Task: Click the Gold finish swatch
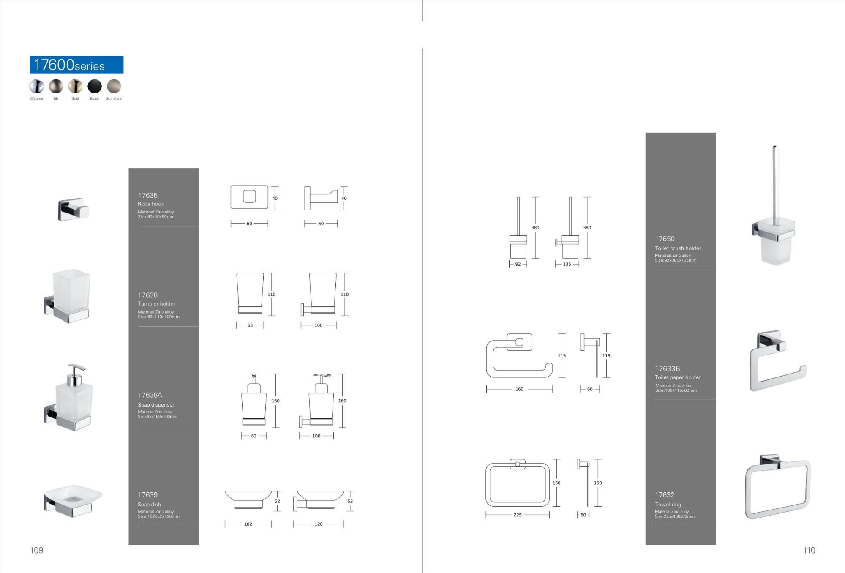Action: [75, 86]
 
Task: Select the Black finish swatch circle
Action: [95, 86]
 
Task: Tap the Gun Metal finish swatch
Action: [114, 86]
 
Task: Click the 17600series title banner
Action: [76, 65]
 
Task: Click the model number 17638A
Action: [150, 395]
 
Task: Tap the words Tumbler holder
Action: [156, 304]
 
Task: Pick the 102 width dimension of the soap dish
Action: [248, 524]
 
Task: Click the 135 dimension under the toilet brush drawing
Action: [567, 264]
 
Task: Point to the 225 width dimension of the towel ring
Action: [518, 515]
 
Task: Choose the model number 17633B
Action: [668, 368]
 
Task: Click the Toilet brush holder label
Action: [678, 248]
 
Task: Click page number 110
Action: [809, 550]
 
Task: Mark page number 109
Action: [37, 550]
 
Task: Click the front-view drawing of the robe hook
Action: [249, 197]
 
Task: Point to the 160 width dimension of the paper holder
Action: [519, 389]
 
